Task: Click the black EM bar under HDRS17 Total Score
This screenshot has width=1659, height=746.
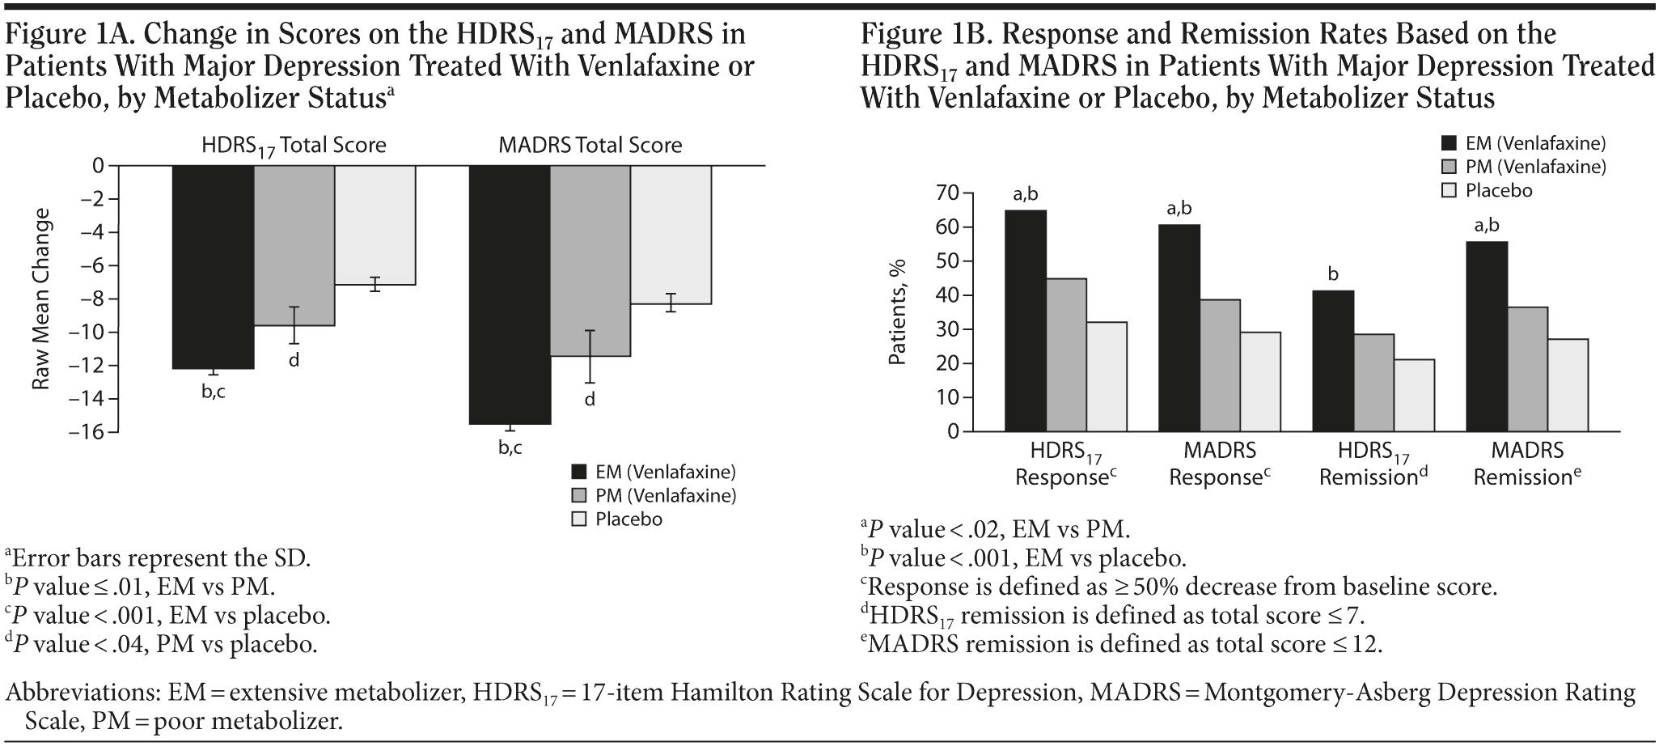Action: click(214, 267)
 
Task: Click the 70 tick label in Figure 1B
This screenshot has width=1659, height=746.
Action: click(948, 193)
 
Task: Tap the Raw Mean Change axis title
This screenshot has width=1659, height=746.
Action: click(42, 299)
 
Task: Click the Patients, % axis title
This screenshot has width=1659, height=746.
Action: click(898, 312)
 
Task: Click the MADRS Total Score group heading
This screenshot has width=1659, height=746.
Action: click(590, 146)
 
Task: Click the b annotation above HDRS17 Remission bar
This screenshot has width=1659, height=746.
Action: click(1333, 275)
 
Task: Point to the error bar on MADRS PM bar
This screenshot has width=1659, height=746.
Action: click(590, 357)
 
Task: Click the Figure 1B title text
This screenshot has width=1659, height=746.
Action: click(1258, 66)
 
